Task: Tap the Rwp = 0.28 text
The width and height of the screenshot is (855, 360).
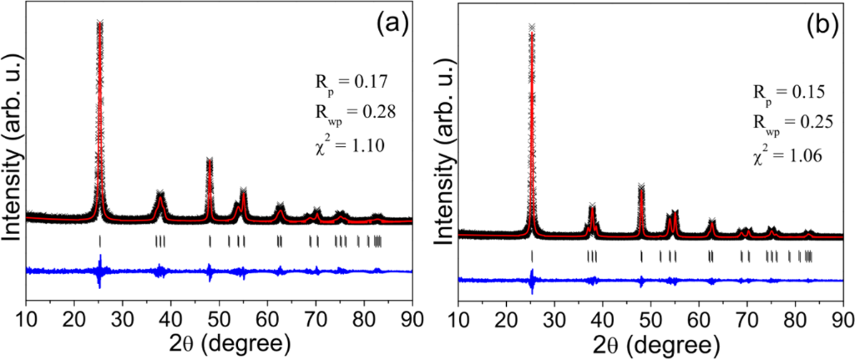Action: point(344,110)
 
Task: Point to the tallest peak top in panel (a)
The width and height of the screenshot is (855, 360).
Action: point(100,24)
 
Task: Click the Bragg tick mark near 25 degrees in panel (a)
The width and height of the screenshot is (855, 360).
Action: point(100,241)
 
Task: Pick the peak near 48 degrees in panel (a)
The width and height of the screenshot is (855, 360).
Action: point(210,162)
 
